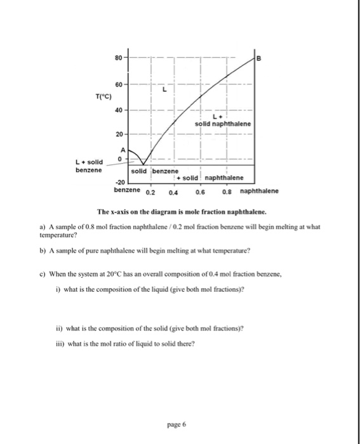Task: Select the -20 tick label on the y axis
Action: click(121, 182)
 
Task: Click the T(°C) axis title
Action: click(105, 96)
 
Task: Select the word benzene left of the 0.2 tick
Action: click(127, 190)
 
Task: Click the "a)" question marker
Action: click(42, 226)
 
